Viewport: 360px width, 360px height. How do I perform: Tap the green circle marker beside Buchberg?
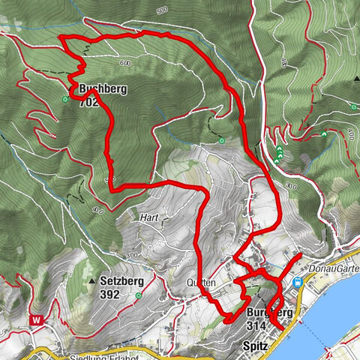click(65, 98)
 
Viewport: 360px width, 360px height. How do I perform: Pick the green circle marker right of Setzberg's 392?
click(139, 295)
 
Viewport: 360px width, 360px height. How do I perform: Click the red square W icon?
click(35, 319)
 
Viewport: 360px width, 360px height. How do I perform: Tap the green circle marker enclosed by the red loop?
click(221, 140)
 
